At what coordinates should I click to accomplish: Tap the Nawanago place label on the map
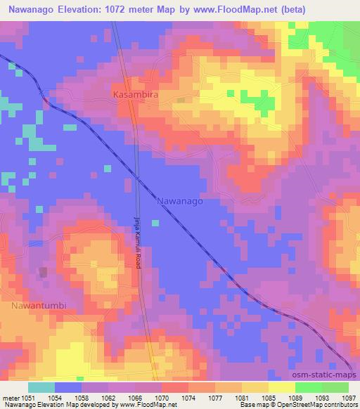click(179, 200)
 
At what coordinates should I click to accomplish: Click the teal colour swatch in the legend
click(41, 387)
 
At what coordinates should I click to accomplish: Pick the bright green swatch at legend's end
click(335, 387)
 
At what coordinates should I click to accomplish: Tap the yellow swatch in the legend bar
click(281, 387)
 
